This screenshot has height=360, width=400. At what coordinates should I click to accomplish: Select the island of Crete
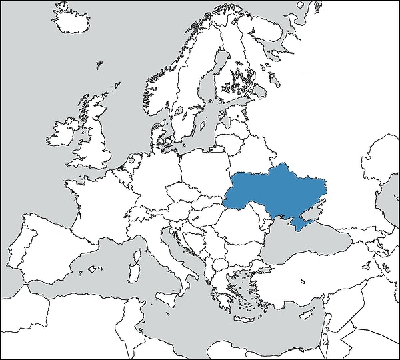pyautogui.click(x=245, y=308)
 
